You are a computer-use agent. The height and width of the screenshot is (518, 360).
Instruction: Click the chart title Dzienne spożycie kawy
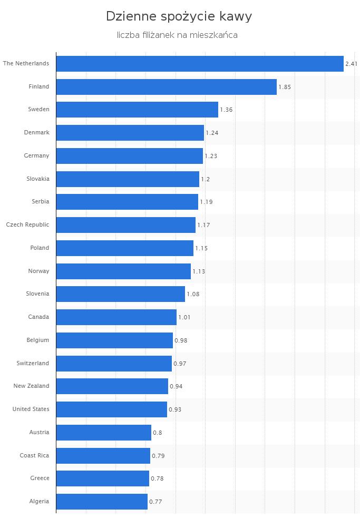tap(179, 16)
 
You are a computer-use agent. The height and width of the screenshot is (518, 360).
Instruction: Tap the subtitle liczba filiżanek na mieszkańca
tap(177, 35)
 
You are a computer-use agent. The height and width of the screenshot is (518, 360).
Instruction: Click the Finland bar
tap(166, 87)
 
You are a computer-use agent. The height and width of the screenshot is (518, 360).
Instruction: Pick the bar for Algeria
tap(102, 502)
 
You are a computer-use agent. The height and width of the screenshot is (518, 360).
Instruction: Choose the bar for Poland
tap(124, 248)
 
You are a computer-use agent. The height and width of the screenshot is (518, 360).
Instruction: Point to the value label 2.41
tap(351, 64)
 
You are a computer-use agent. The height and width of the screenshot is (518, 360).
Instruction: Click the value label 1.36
tap(226, 110)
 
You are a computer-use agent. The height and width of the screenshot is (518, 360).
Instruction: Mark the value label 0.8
tap(157, 433)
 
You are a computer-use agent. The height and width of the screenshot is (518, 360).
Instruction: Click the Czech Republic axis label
tap(27, 225)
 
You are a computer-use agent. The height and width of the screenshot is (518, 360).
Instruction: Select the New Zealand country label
tap(31, 386)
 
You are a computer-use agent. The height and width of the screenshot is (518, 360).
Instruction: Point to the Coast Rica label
tap(34, 455)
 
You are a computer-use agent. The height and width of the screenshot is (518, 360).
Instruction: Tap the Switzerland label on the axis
tap(32, 363)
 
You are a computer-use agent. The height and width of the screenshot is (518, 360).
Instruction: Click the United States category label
tap(31, 409)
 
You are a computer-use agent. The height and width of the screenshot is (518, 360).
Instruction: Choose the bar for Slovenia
tap(120, 294)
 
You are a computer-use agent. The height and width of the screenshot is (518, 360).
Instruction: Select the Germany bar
tap(129, 156)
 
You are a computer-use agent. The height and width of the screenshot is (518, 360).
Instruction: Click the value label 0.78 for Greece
tap(157, 478)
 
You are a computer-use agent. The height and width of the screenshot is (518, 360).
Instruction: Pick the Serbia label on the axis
tap(41, 202)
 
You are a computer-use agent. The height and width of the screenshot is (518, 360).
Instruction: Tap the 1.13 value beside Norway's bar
tap(199, 271)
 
